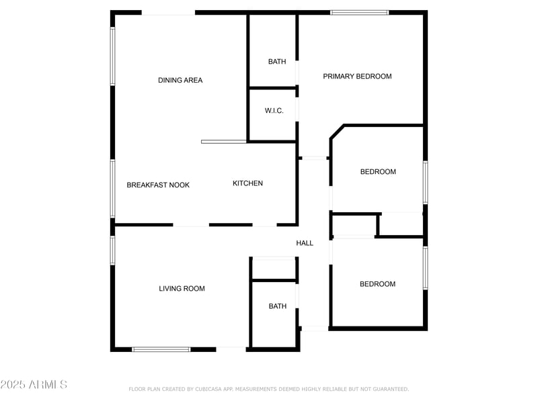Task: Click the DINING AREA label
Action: tap(180, 81)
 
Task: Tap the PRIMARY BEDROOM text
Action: tap(357, 77)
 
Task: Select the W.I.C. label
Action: tap(274, 111)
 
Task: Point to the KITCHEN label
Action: tap(247, 183)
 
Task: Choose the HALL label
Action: tap(305, 243)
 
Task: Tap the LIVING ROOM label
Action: tap(182, 289)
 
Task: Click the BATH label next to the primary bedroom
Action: tap(277, 62)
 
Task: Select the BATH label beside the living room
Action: tap(278, 306)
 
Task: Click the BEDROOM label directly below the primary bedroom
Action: tap(378, 172)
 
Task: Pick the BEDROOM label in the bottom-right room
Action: tap(377, 284)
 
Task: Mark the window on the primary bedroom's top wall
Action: tap(359, 12)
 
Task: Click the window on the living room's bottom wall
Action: tap(161, 349)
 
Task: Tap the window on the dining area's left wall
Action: tap(112, 56)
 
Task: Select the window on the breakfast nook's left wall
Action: tap(112, 188)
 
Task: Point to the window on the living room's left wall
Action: tap(112, 250)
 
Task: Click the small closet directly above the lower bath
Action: tap(274, 269)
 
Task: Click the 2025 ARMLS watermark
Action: tap(34, 385)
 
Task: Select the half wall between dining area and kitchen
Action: tap(224, 142)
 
